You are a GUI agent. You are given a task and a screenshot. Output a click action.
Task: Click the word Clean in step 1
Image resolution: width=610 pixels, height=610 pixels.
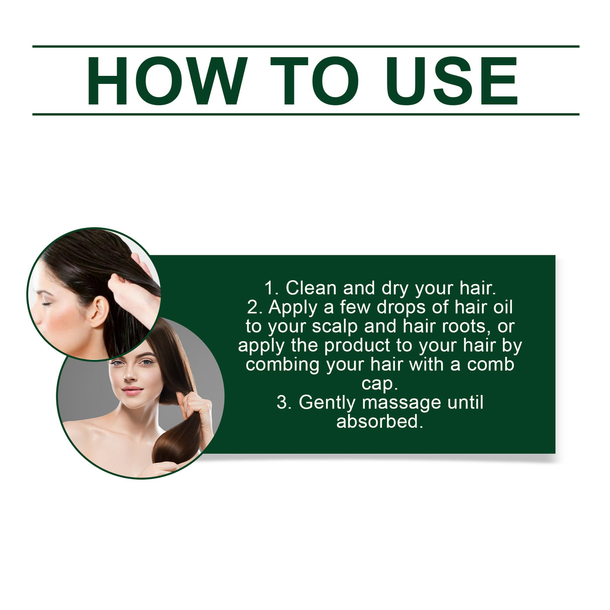(x=311, y=288)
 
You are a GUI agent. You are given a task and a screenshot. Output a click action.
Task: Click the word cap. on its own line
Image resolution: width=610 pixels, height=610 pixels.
(x=379, y=383)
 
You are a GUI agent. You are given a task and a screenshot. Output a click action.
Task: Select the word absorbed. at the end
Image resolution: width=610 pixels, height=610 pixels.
(x=379, y=421)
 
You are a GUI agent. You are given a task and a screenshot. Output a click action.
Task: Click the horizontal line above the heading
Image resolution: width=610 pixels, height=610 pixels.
(x=306, y=46)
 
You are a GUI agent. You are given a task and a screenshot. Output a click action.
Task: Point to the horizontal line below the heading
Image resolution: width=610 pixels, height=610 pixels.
(x=306, y=115)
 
